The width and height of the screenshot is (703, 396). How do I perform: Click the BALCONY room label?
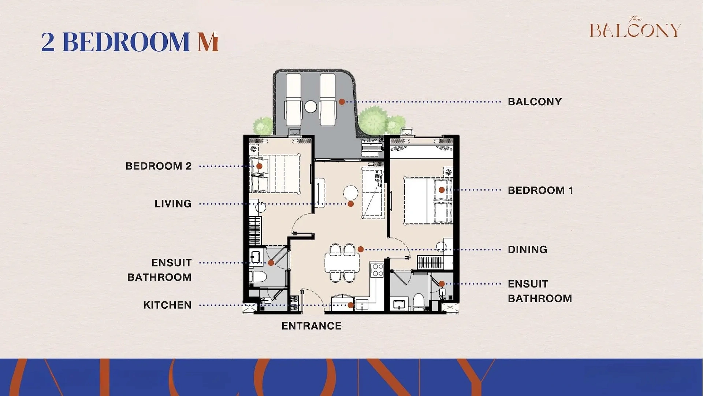[x=535, y=102]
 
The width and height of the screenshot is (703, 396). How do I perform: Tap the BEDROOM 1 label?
[x=540, y=190]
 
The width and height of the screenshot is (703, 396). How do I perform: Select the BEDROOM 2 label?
[x=158, y=166]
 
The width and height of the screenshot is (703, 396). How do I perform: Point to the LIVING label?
[x=173, y=204]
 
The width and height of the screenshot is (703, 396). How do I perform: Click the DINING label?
[x=527, y=250]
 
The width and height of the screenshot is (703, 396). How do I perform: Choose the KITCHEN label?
[x=167, y=305]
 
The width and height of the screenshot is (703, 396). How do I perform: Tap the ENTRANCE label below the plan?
[x=311, y=326]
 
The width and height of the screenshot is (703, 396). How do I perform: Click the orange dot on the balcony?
[x=342, y=102]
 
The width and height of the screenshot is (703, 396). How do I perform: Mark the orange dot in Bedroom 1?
[x=442, y=190]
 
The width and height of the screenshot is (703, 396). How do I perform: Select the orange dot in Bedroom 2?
[x=259, y=166]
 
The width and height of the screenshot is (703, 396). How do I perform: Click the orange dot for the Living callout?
[x=350, y=204]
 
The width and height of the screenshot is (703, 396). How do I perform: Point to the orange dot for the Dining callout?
[x=361, y=249]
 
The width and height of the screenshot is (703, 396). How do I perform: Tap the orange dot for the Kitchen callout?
[x=350, y=305]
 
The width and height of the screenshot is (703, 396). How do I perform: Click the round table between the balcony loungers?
[x=310, y=107]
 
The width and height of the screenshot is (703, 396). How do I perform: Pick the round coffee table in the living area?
[x=350, y=192]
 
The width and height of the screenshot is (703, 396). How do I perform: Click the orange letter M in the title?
[x=208, y=42]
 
